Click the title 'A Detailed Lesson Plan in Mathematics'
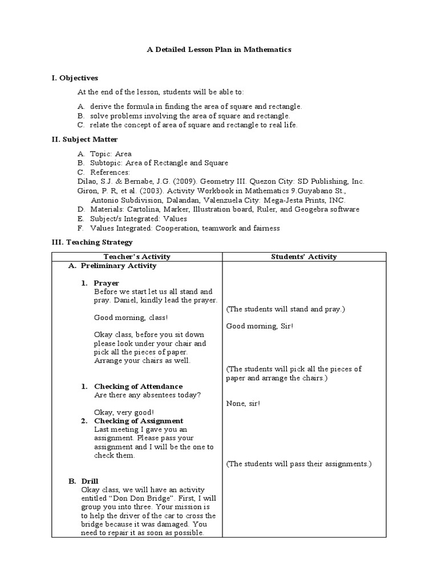click(x=219, y=50)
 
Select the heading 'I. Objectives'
click(x=75, y=78)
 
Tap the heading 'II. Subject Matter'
click(x=84, y=139)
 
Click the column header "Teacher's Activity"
click(x=137, y=257)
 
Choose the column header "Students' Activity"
click(x=303, y=257)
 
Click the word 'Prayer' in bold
click(x=107, y=283)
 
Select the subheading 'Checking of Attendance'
click(x=139, y=386)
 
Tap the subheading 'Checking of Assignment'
click(x=139, y=421)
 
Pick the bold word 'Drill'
click(x=90, y=481)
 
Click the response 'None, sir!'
click(x=243, y=403)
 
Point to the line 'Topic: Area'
click(x=111, y=153)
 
